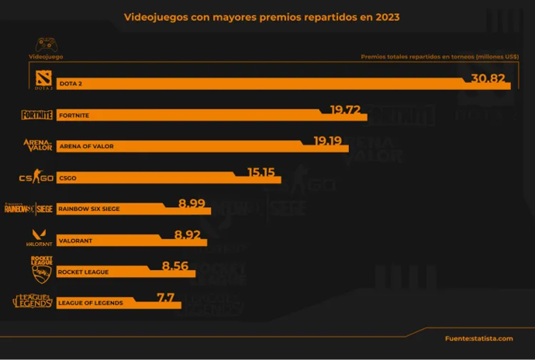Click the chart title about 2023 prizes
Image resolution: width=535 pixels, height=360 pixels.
261,16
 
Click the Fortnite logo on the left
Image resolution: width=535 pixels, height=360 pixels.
36,115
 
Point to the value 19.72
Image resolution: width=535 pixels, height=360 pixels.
346,109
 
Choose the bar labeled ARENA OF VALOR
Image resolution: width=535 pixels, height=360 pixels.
181,146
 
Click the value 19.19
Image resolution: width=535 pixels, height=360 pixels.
329,140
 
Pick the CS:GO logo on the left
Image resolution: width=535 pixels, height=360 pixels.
36,178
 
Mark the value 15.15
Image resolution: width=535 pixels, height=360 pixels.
262,171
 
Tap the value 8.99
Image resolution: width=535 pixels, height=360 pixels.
192,203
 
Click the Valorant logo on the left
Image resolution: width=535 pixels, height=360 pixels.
36,238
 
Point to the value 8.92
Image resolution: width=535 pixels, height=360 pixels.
188,234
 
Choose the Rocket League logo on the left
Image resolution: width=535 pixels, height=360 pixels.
41,269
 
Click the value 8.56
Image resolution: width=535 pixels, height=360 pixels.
176,265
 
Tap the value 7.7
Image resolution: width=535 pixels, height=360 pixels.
165,297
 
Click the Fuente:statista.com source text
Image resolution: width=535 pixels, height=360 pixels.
478,338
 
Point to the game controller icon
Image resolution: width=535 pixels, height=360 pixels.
46,45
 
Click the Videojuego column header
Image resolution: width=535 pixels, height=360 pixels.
46,57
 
